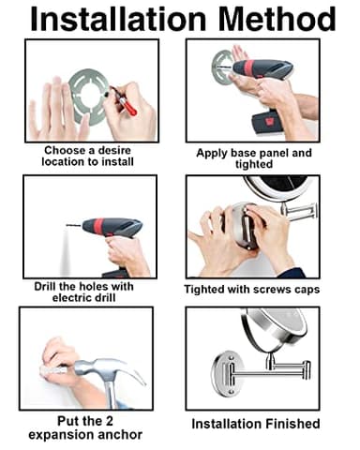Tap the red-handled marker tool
(x=125, y=100)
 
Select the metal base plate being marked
(x=88, y=97)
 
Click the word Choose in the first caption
(x=65, y=151)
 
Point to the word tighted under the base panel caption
(x=254, y=164)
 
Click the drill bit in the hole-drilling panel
(x=75, y=225)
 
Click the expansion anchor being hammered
(x=53, y=371)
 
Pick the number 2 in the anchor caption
(x=109, y=421)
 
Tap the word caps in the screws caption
(x=307, y=290)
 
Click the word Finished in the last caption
(x=292, y=424)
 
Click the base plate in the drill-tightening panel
(x=221, y=67)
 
